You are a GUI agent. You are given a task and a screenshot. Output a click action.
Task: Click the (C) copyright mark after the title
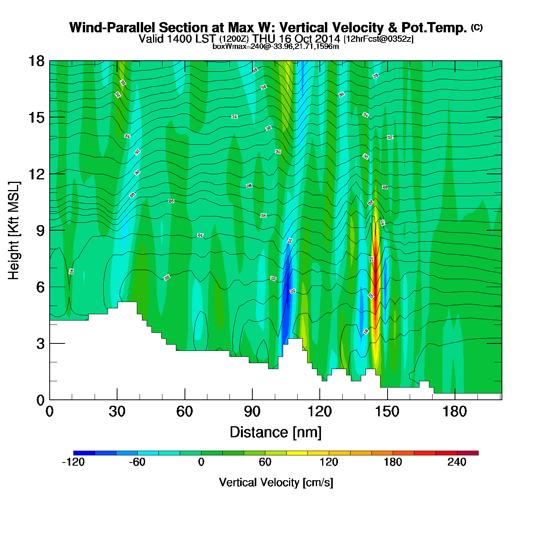click(x=476, y=27)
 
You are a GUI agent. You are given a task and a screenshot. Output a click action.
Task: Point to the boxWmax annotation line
click(x=275, y=46)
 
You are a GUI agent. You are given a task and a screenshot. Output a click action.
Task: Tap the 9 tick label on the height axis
click(x=40, y=230)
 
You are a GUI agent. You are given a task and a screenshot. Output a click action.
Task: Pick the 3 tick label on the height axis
click(x=40, y=343)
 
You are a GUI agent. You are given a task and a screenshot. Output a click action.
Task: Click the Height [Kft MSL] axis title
click(x=14, y=231)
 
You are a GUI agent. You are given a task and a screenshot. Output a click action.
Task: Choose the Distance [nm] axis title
click(x=276, y=433)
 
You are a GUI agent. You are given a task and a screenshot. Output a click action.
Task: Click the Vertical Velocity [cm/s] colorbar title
click(x=276, y=482)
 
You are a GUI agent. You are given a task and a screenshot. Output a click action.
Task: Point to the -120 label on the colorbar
click(x=73, y=462)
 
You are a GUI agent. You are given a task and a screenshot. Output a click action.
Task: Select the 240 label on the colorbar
click(x=457, y=462)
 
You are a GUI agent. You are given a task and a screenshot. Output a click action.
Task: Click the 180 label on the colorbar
click(x=393, y=462)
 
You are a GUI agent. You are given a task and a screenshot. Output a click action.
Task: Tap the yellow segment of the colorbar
click(x=297, y=453)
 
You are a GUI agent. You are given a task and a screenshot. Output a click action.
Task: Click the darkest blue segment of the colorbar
click(x=84, y=453)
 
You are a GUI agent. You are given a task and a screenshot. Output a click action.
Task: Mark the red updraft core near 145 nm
click(x=375, y=272)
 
